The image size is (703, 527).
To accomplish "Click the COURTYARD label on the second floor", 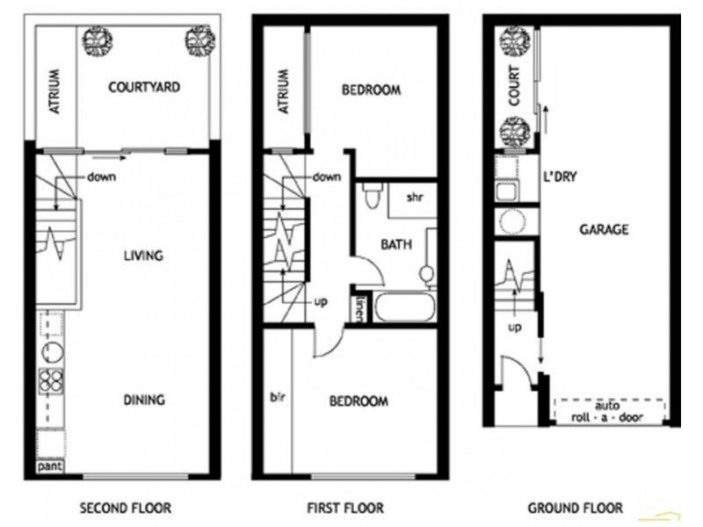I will click(144, 87).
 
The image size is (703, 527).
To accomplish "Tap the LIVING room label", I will click(143, 256).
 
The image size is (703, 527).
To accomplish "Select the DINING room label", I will click(143, 400).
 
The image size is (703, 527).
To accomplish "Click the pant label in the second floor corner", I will click(50, 467).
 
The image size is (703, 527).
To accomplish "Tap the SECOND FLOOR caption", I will click(126, 508).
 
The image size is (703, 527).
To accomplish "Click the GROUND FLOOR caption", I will click(576, 508).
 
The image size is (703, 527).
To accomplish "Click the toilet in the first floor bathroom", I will click(370, 195).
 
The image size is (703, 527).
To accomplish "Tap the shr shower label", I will click(415, 197).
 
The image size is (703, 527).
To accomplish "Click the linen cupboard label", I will click(360, 308).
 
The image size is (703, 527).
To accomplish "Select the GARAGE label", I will click(604, 230).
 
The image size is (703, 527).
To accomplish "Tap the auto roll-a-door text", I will click(609, 412).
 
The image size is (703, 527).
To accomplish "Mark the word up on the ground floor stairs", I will click(514, 327).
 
